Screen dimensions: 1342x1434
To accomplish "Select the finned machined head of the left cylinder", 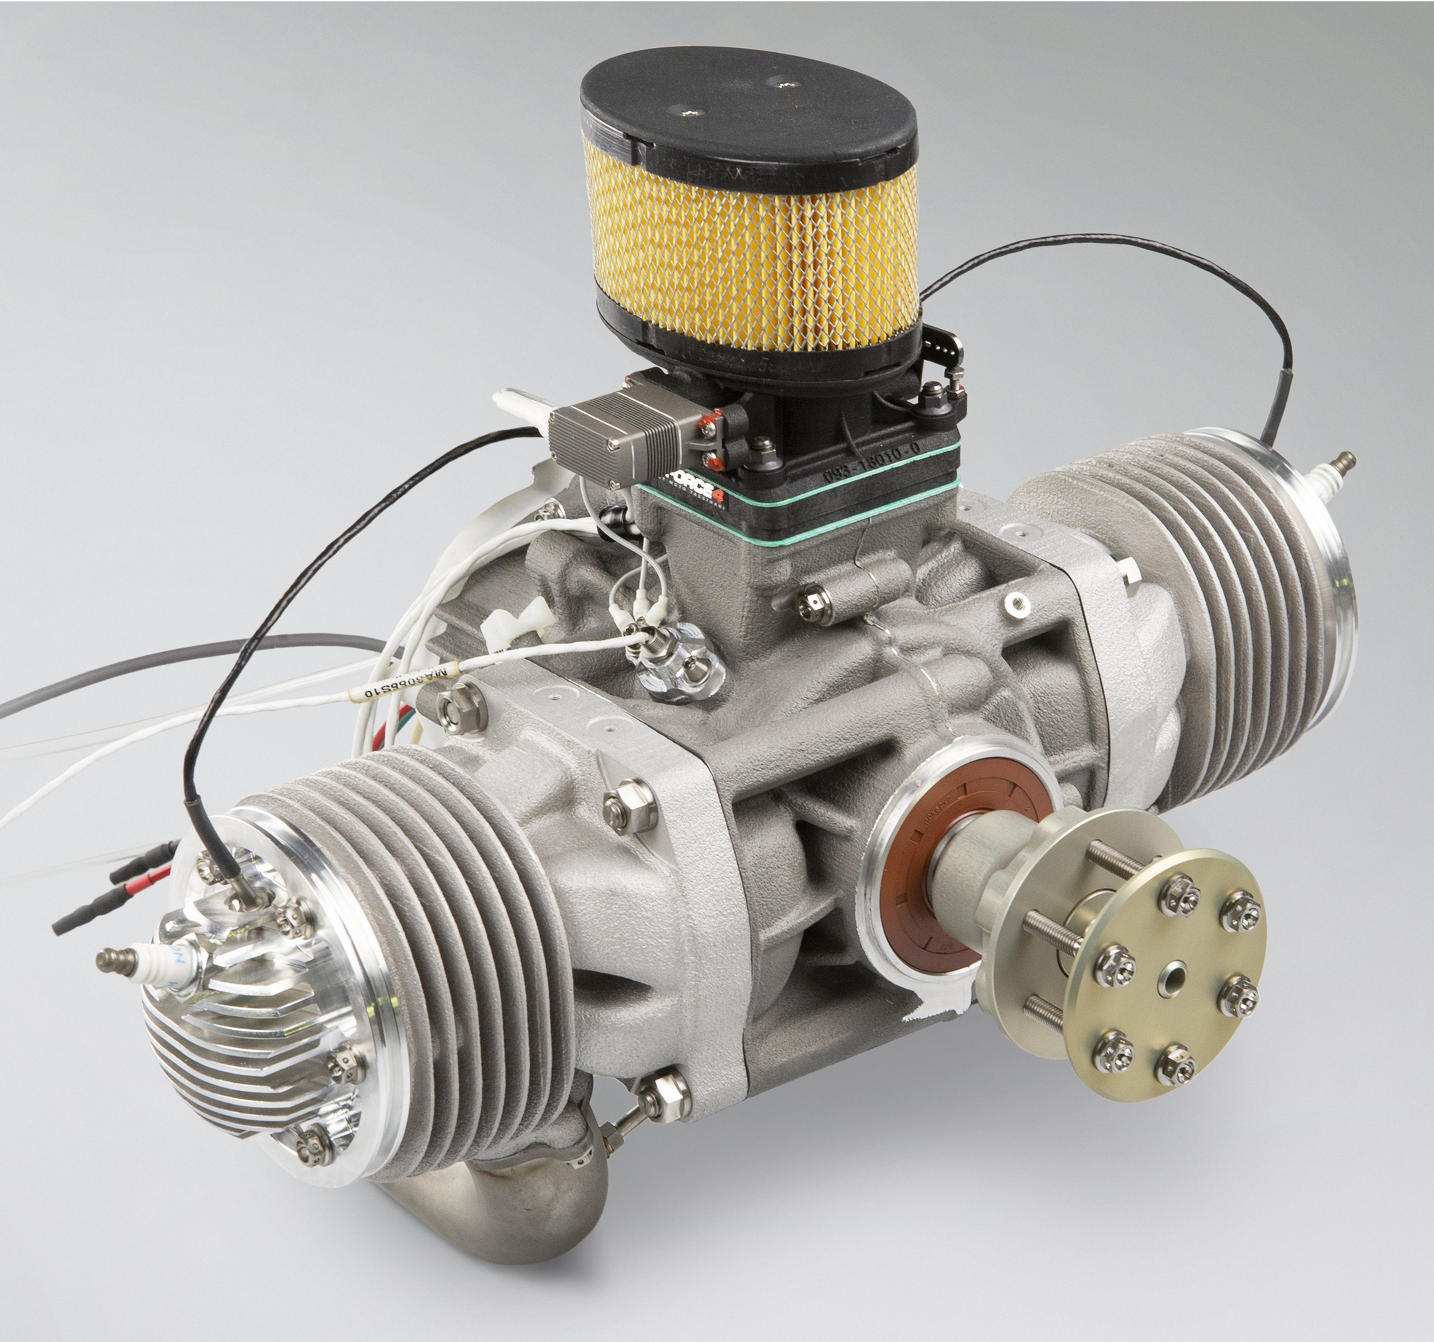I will (238, 1039).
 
